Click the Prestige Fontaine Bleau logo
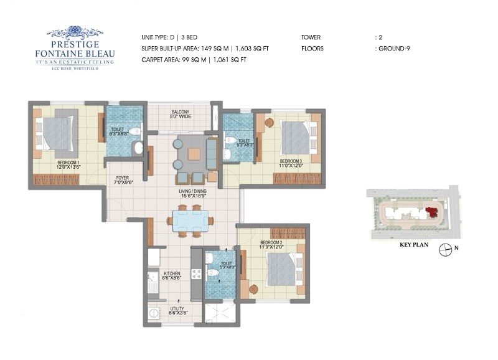tap(74, 47)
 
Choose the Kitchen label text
tap(172, 273)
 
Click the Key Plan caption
tap(415, 245)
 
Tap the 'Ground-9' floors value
tap(393, 48)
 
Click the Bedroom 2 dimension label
tap(272, 247)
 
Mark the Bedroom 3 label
tap(290, 161)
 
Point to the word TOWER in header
tap(311, 37)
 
